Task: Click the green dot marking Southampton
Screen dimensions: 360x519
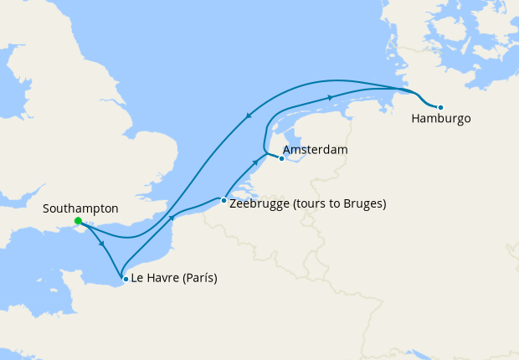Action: [x=78, y=222]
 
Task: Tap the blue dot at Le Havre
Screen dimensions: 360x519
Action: [x=126, y=279]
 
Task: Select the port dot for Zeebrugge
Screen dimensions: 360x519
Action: [x=224, y=201]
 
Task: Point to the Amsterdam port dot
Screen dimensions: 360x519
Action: [x=281, y=158]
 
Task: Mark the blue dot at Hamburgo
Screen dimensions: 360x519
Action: [x=440, y=107]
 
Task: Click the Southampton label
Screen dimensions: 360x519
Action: [x=80, y=208]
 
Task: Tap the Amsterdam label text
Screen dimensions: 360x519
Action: [x=315, y=150]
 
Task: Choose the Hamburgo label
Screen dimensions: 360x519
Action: [x=440, y=119]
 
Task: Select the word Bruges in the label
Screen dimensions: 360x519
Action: [x=365, y=203]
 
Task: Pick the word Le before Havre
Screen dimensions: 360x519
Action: [x=137, y=279]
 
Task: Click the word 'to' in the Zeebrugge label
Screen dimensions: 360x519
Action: [x=337, y=203]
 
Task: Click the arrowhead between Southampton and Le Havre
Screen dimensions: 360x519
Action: [x=102, y=244]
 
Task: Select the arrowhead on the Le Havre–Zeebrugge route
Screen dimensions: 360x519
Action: [x=172, y=218]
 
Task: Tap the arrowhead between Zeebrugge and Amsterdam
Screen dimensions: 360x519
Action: [x=255, y=160]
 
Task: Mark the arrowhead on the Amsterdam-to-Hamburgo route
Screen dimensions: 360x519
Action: [x=331, y=98]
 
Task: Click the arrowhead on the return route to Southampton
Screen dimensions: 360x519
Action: [x=248, y=116]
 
